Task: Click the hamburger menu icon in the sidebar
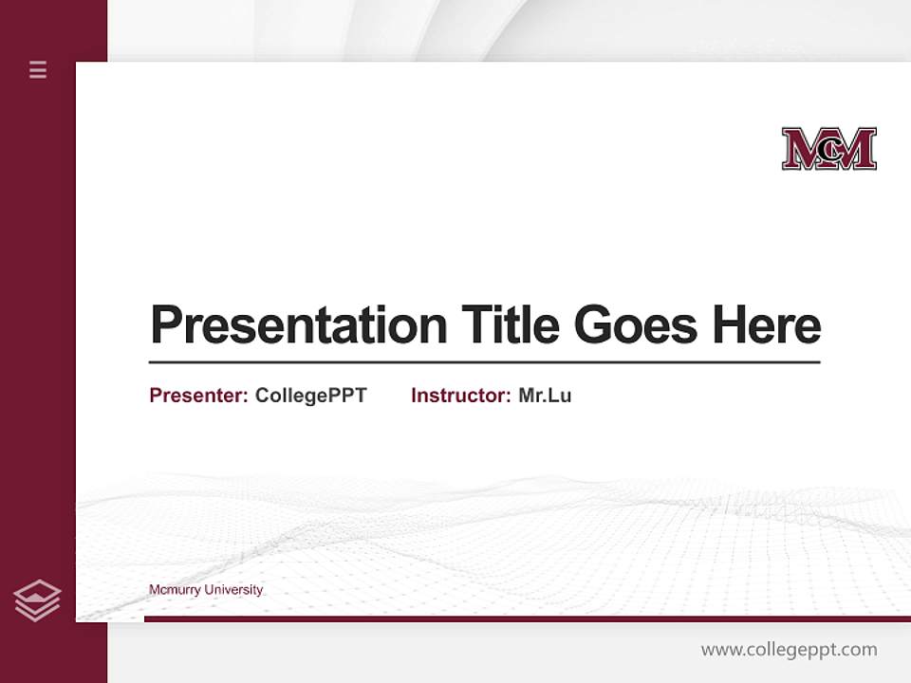(x=38, y=69)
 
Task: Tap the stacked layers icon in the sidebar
(x=37, y=600)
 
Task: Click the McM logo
(x=828, y=149)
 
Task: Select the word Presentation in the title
(x=298, y=325)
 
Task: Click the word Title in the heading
(x=510, y=324)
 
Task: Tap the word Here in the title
(x=767, y=324)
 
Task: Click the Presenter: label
(x=198, y=396)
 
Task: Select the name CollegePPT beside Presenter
(x=310, y=396)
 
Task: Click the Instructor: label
(x=460, y=396)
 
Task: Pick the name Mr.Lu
(x=545, y=396)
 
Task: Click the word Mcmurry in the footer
(x=174, y=590)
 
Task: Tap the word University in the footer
(x=232, y=590)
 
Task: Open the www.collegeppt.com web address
(x=789, y=650)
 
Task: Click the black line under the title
(x=484, y=362)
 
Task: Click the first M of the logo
(x=802, y=149)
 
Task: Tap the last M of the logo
(x=856, y=149)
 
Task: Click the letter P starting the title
(x=168, y=324)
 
